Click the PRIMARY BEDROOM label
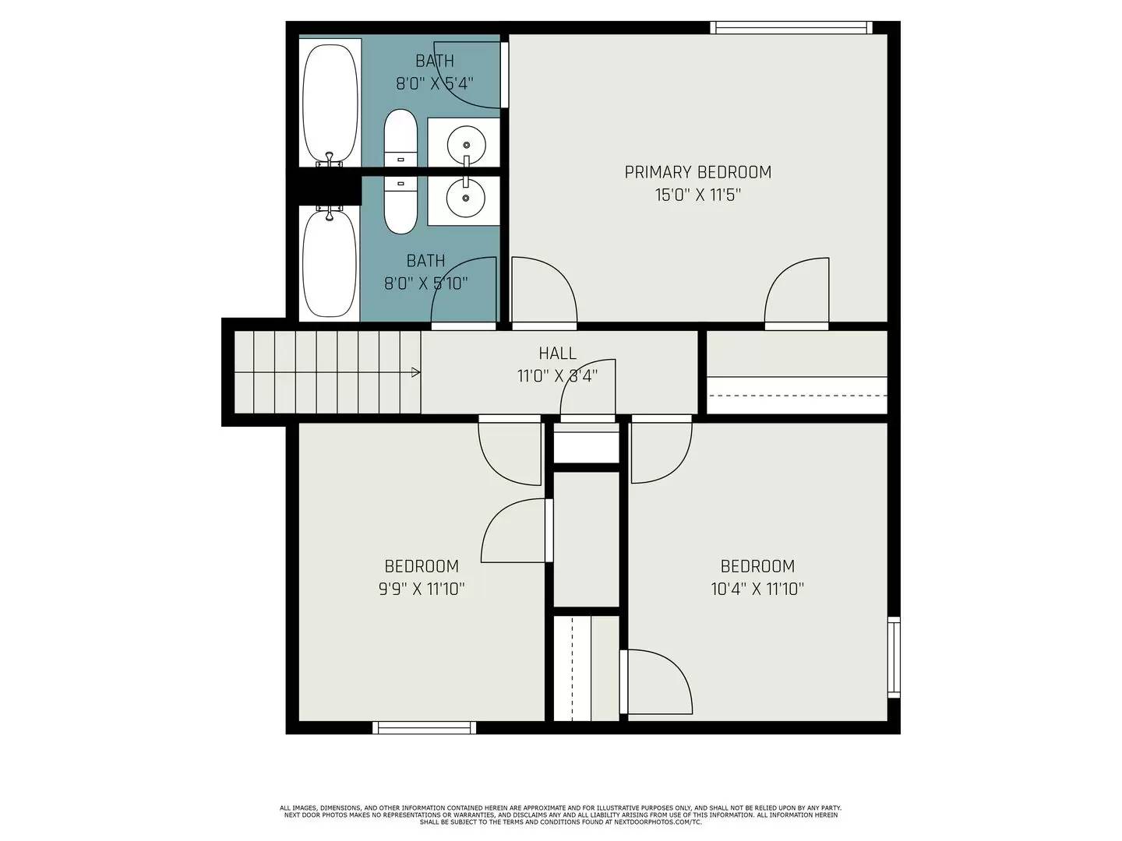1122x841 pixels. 697,172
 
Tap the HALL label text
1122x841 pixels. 557,354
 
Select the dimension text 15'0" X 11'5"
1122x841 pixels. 697,195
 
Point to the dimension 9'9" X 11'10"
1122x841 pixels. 422,589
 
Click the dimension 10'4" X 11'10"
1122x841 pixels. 757,589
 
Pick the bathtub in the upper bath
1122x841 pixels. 330,101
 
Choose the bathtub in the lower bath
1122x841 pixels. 330,261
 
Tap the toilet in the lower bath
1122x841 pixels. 400,204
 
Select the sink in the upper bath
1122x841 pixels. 466,144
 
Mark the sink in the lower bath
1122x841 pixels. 466,198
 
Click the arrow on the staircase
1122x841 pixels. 416,372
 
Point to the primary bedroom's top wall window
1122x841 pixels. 790,28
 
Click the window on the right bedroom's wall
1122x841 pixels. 894,656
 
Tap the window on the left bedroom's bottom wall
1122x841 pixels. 424,727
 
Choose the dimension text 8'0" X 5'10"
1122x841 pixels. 425,283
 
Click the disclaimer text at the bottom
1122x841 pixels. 560,815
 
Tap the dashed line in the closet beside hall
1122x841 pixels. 796,396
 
